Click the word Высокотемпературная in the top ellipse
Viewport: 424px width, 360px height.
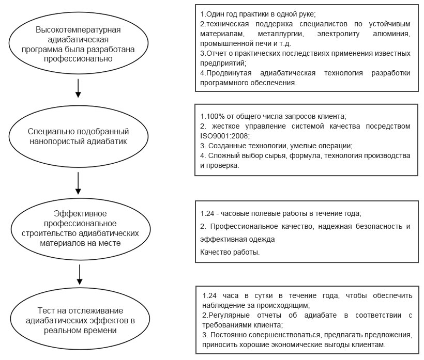coord(78,30)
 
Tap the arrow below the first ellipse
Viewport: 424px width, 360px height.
coord(78,88)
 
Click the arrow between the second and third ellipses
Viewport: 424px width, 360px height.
coord(78,183)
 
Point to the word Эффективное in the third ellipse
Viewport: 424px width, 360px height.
coord(80,214)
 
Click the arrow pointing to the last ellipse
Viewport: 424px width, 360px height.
coord(79,274)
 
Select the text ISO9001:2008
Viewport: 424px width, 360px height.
coord(225,136)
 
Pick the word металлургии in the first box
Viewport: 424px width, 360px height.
coord(281,34)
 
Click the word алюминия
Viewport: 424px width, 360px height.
coord(391,34)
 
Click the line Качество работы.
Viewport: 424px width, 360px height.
coord(230,252)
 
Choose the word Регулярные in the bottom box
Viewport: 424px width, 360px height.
coord(228,315)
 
